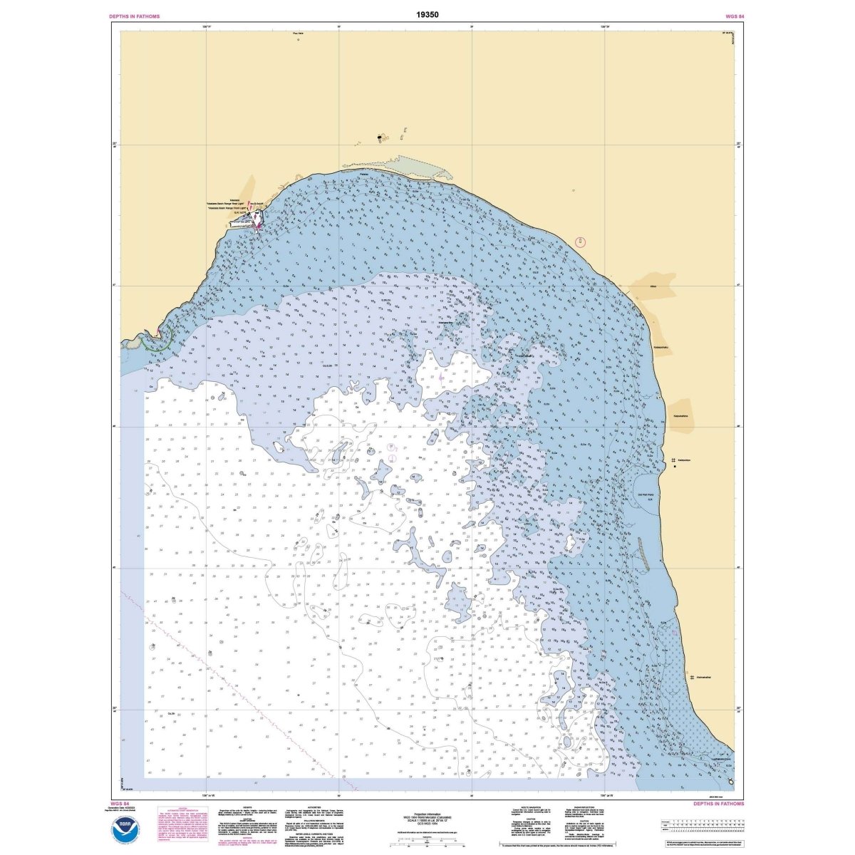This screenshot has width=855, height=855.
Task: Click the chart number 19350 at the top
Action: point(427,14)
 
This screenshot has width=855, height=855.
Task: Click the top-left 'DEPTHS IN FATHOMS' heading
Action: point(135,16)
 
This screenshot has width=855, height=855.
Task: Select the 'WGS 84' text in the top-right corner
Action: point(734,16)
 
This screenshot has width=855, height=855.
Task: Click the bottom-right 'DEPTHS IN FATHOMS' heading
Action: point(718,803)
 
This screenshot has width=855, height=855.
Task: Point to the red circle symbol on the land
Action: point(581,242)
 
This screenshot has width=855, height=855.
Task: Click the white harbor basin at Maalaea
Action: point(255,216)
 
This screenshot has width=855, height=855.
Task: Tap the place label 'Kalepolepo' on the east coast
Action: point(685,460)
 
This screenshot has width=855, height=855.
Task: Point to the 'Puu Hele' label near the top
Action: point(298,33)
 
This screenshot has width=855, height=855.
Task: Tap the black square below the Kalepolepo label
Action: point(674,467)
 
